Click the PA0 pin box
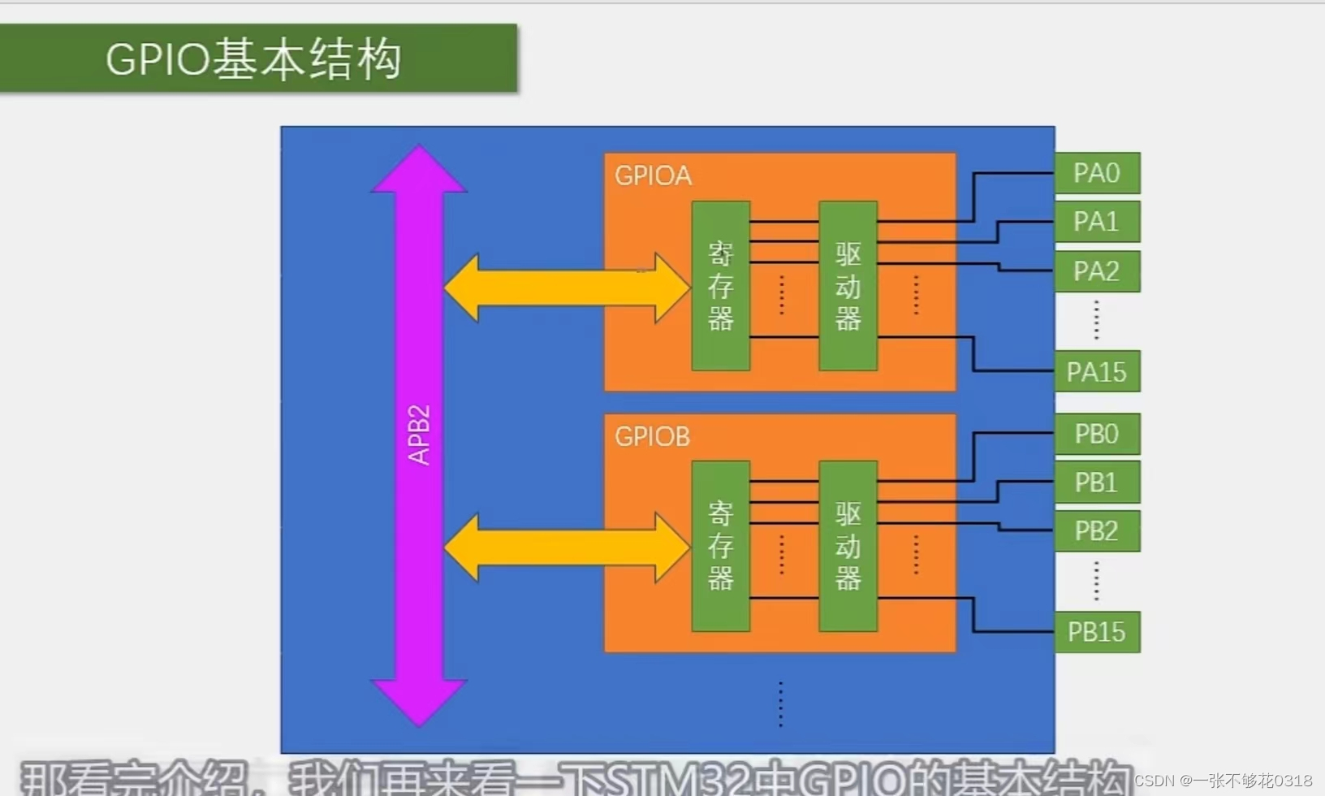pyautogui.click(x=1097, y=173)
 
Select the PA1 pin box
pyautogui.click(x=1097, y=222)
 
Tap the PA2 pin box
pyautogui.click(x=1097, y=271)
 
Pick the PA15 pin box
pyautogui.click(x=1097, y=372)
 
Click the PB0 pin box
pyautogui.click(x=1097, y=434)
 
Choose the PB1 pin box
pyautogui.click(x=1097, y=482)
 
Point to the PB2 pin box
pyautogui.click(x=1097, y=531)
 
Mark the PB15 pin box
pyautogui.click(x=1097, y=632)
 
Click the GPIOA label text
pyautogui.click(x=653, y=175)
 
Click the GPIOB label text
pyautogui.click(x=652, y=437)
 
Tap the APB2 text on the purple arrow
pyautogui.click(x=419, y=435)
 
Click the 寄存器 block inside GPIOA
pyautogui.click(x=720, y=286)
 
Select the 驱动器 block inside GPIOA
pyautogui.click(x=848, y=286)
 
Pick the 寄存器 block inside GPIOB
pyautogui.click(x=720, y=546)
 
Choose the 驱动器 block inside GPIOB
pyautogui.click(x=848, y=546)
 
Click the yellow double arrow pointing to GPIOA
pyautogui.click(x=566, y=288)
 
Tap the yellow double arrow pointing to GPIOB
pyautogui.click(x=566, y=547)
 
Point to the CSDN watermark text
pyautogui.click(x=1223, y=781)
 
